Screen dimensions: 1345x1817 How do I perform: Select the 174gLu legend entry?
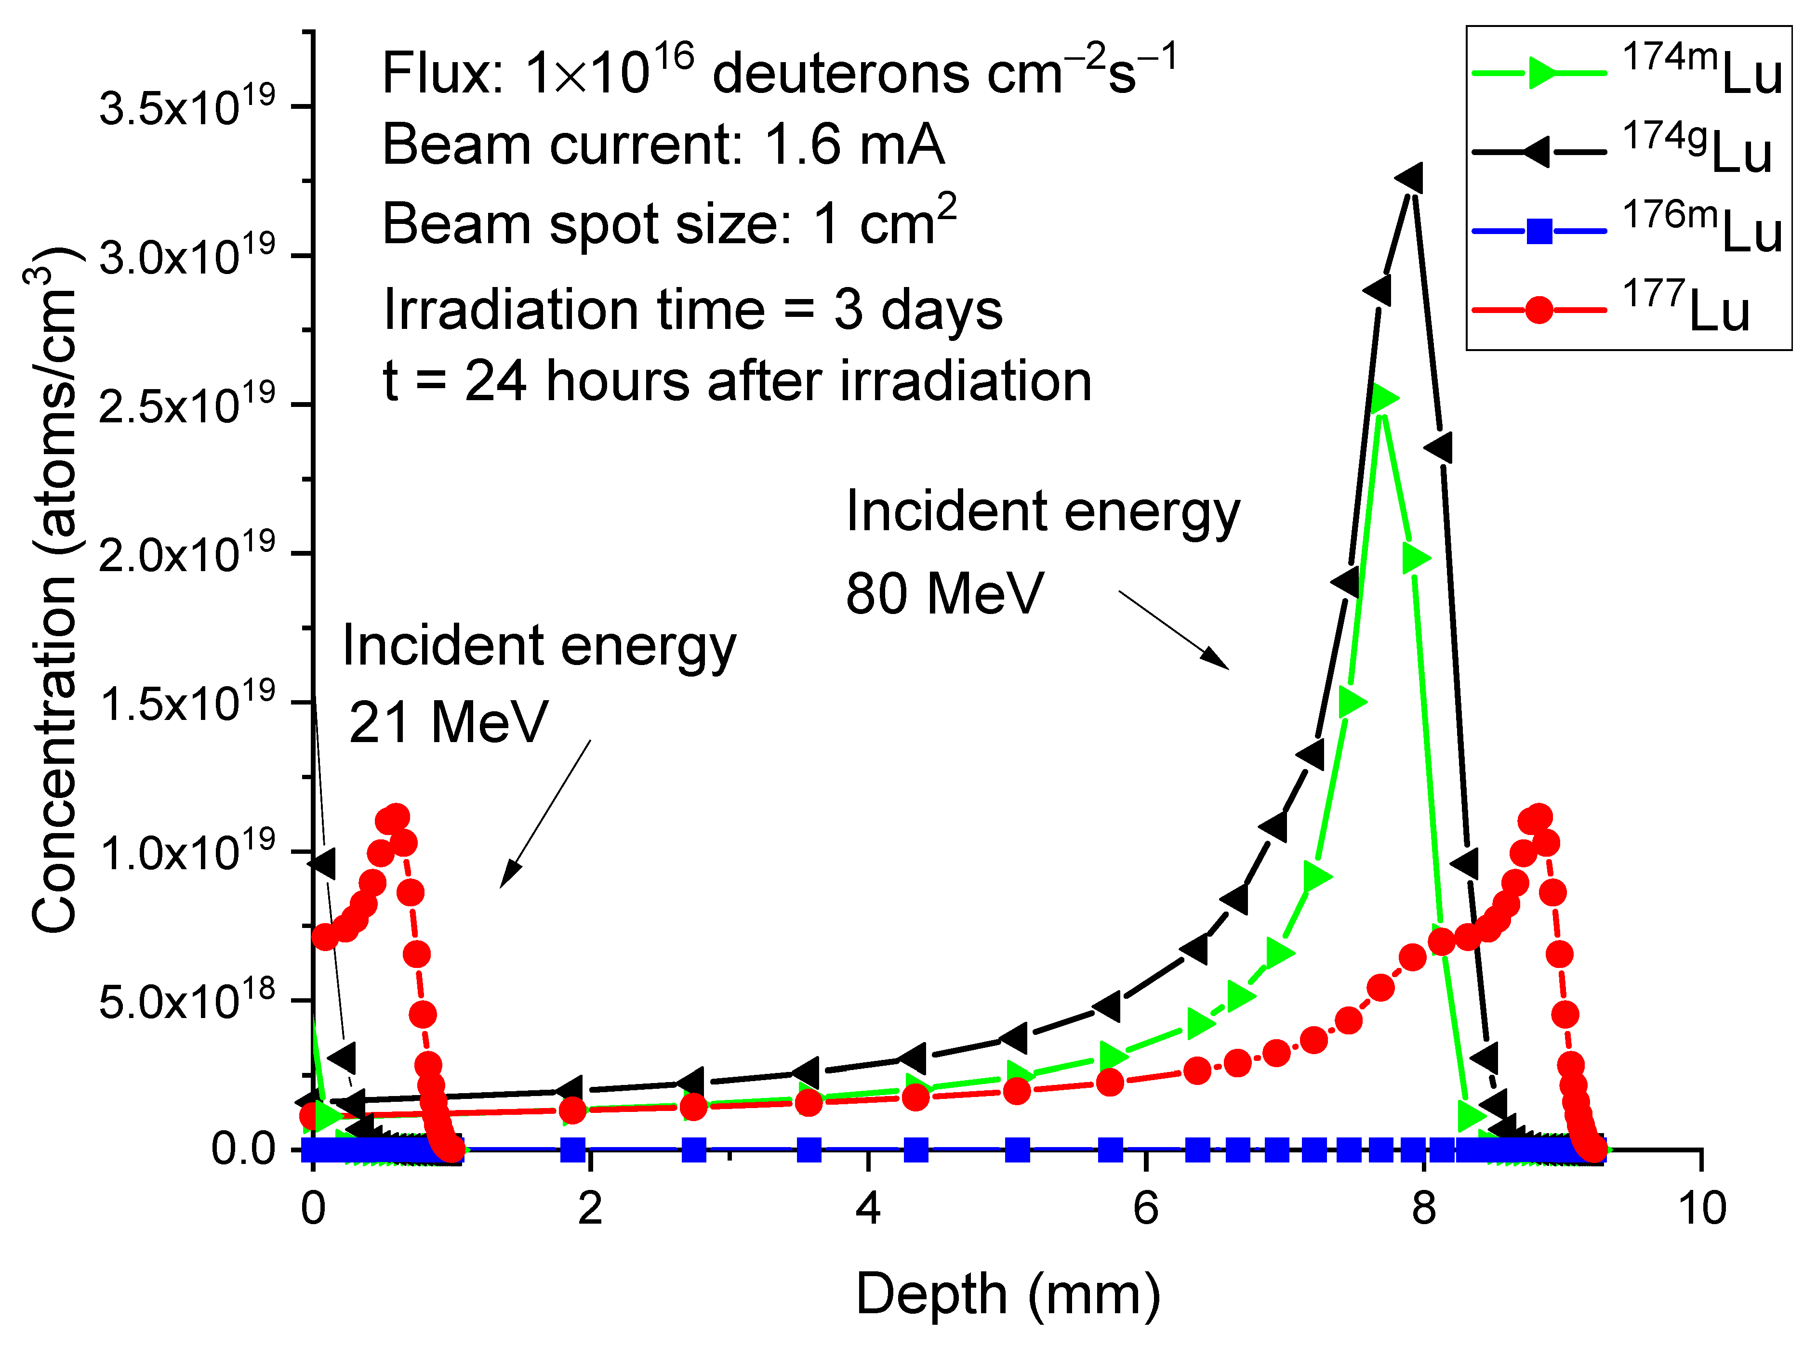pyautogui.click(x=1625, y=151)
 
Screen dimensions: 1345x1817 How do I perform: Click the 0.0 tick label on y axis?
pyautogui.click(x=243, y=1149)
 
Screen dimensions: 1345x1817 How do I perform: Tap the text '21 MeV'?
pyautogui.click(x=448, y=722)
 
